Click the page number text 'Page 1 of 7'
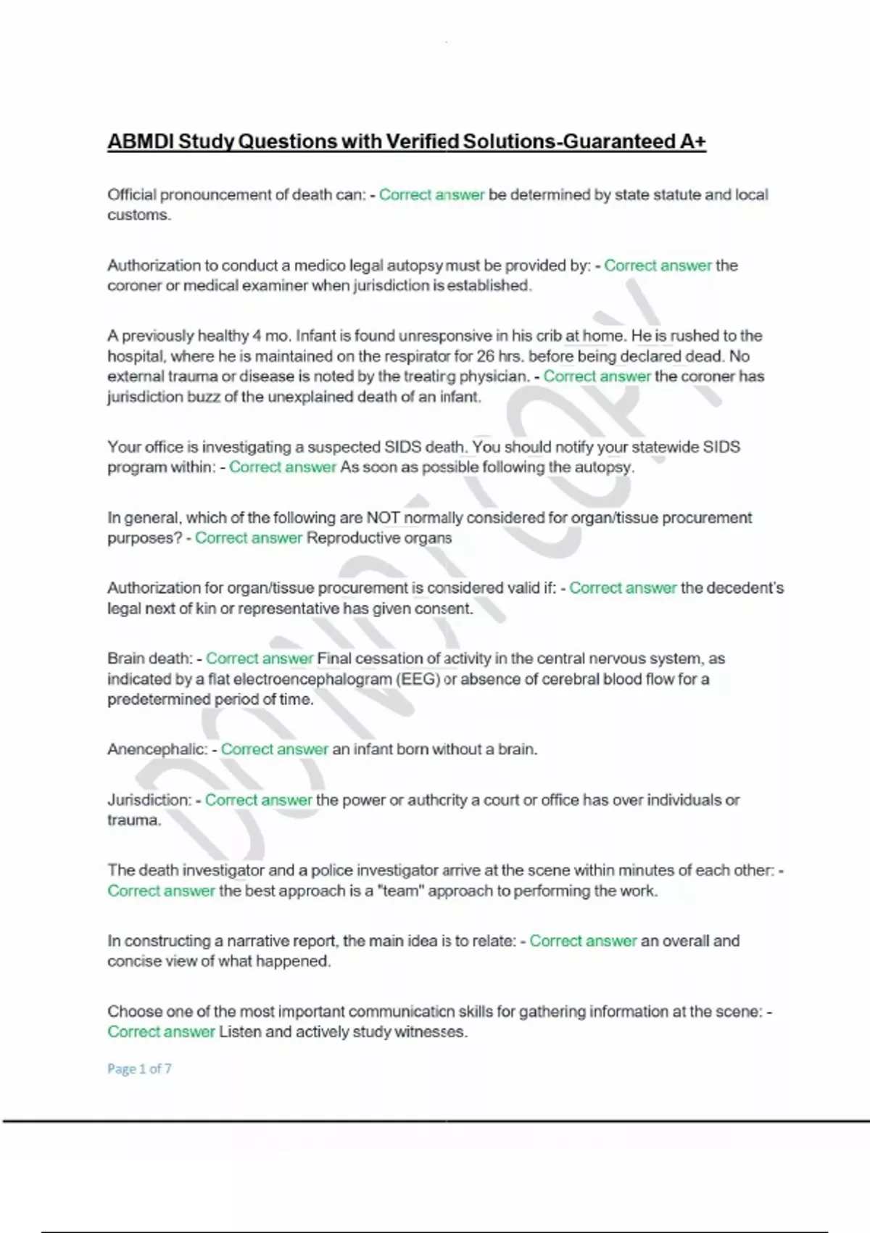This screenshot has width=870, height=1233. (139, 1068)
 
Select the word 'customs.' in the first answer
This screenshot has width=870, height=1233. (139, 215)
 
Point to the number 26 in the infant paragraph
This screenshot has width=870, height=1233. (485, 356)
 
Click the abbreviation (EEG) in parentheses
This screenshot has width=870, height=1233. (417, 679)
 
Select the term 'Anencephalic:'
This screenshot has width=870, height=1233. (157, 749)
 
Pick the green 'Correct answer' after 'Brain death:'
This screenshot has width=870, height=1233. (259, 659)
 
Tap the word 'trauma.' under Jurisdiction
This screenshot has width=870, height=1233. (134, 820)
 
